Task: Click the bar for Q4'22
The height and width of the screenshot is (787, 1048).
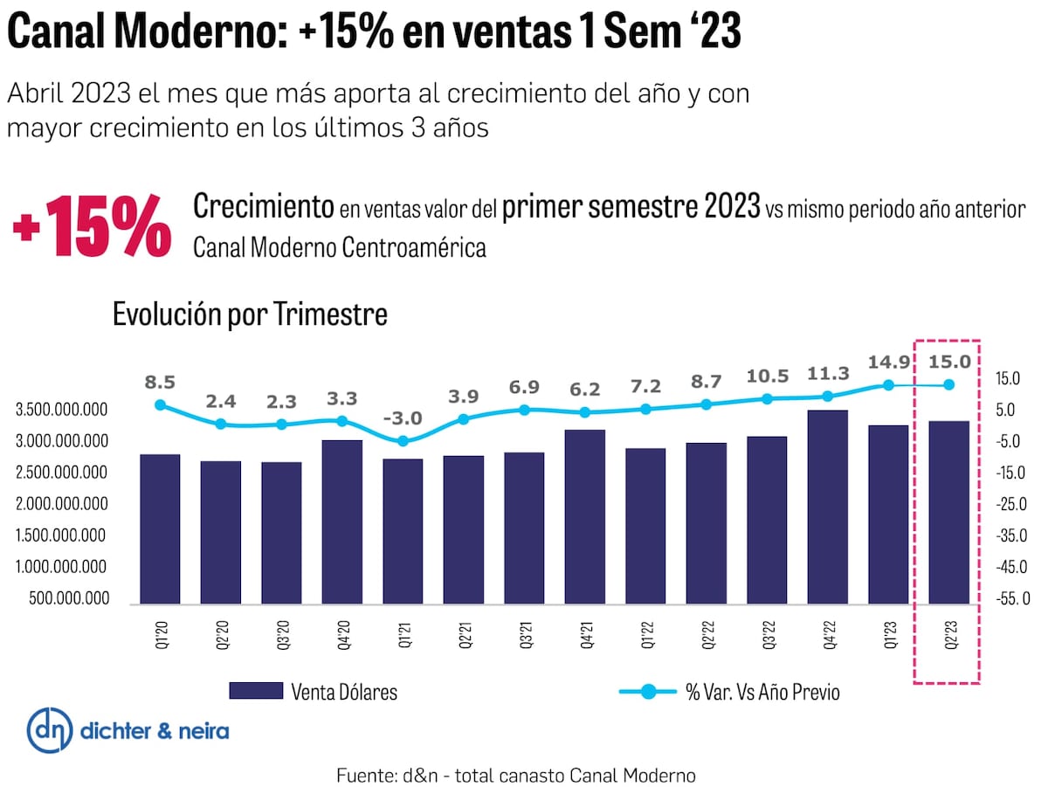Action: click(828, 507)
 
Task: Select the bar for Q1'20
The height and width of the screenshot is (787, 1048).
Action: click(160, 528)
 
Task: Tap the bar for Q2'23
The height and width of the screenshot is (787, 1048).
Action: click(949, 512)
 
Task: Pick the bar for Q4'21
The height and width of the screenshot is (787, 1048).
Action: click(585, 516)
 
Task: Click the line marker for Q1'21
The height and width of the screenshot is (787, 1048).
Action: click(403, 441)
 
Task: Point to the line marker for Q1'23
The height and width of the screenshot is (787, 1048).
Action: click(888, 384)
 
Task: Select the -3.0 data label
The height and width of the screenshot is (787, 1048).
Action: click(403, 417)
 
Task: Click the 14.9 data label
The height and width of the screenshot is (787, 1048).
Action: click(888, 361)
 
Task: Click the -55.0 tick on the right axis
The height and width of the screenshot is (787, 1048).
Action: click(1013, 598)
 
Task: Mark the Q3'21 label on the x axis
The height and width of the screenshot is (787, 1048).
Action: click(524, 630)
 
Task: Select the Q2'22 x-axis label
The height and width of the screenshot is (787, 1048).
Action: click(707, 630)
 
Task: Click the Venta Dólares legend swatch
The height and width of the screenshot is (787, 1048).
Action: click(256, 692)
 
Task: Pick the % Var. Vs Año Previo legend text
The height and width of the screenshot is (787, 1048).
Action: click(762, 692)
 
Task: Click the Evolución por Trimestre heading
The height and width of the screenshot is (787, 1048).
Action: click(250, 314)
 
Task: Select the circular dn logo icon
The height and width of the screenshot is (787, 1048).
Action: click(50, 730)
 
